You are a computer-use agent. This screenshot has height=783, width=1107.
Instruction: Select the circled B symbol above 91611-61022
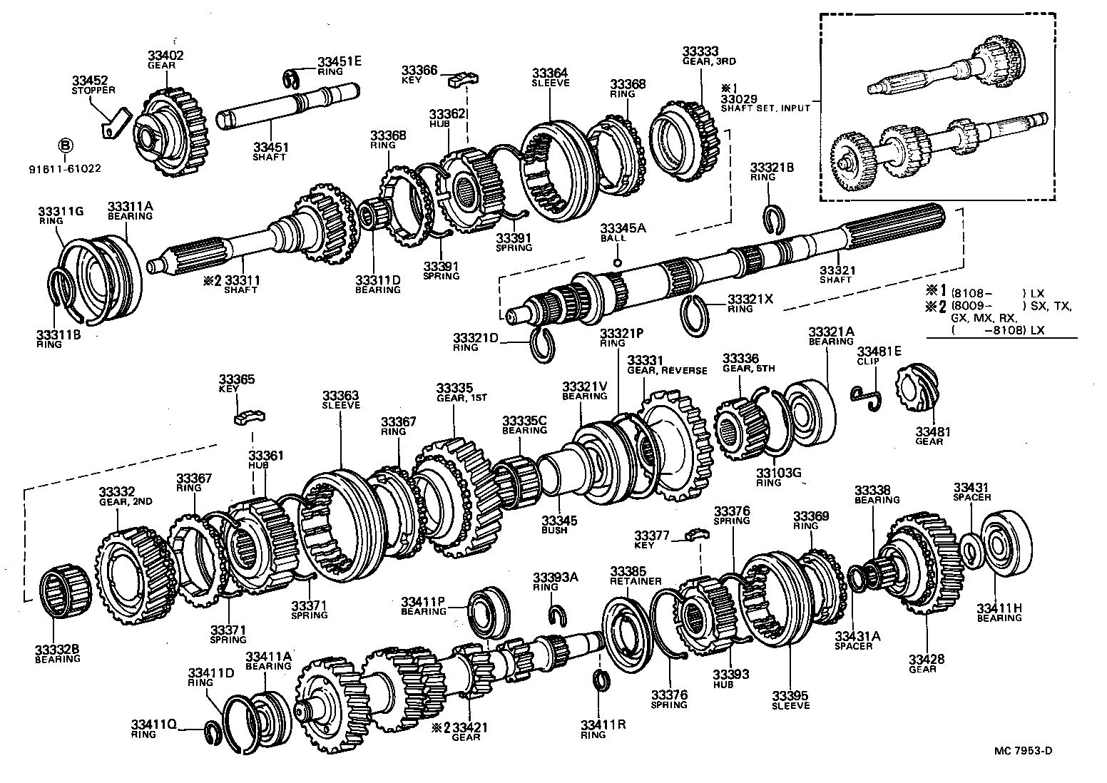pos(65,146)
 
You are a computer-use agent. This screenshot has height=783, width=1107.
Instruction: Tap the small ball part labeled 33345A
pos(617,262)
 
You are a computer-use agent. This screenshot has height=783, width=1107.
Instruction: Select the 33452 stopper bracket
pos(114,122)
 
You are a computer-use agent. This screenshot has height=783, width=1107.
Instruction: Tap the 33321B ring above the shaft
pos(772,218)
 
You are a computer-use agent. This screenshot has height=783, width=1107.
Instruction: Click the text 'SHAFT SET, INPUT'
pos(765,108)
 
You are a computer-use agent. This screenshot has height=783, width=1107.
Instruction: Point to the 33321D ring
pos(544,345)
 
